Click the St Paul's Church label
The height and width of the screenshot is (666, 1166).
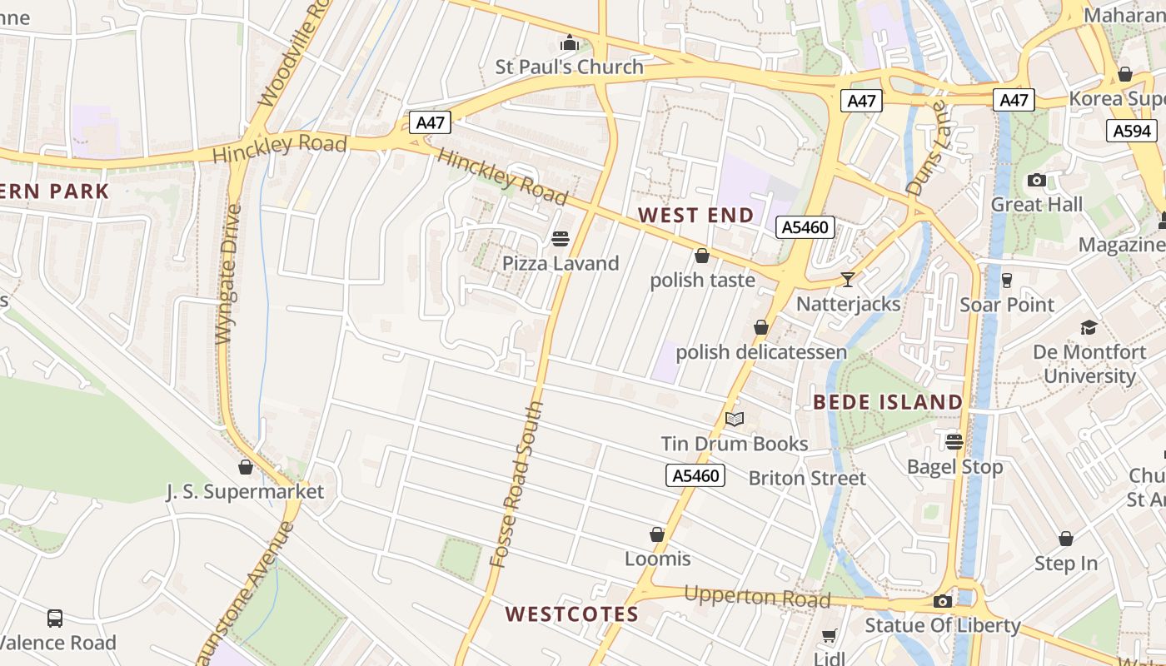coord(569,67)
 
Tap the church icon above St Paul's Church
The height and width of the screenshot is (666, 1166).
coord(570,42)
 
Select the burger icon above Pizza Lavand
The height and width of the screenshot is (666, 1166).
coord(561,239)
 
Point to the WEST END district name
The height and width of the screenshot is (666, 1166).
coord(695,215)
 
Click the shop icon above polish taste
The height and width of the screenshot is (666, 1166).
coord(702,256)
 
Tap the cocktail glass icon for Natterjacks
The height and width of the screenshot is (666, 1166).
coord(848,279)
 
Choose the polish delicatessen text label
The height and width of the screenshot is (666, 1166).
coord(760,352)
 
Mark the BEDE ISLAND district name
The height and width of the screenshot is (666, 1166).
coord(888,402)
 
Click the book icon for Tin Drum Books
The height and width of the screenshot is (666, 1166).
coord(734,419)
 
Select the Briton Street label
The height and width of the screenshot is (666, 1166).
coord(807,478)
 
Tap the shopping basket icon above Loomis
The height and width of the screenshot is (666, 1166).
coord(657,534)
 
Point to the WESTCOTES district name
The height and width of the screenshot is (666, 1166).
coord(571,614)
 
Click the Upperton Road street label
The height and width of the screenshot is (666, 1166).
coord(757,597)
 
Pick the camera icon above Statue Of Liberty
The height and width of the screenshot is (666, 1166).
coord(943,601)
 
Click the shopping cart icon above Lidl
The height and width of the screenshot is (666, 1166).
coord(829,636)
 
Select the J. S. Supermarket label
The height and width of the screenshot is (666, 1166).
coord(245,492)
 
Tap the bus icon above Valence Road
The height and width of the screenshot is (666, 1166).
coord(55,619)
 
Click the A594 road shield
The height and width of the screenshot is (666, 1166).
coord(1131,131)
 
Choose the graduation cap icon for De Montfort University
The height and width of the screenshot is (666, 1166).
coord(1089,327)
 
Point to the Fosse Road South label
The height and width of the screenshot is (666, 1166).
coord(516,485)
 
